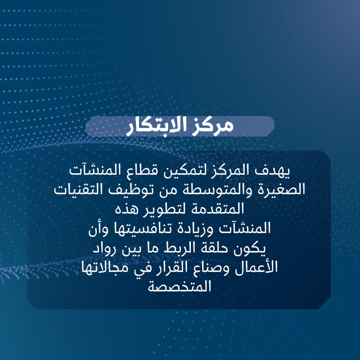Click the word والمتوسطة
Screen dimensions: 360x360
coord(217,190)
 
